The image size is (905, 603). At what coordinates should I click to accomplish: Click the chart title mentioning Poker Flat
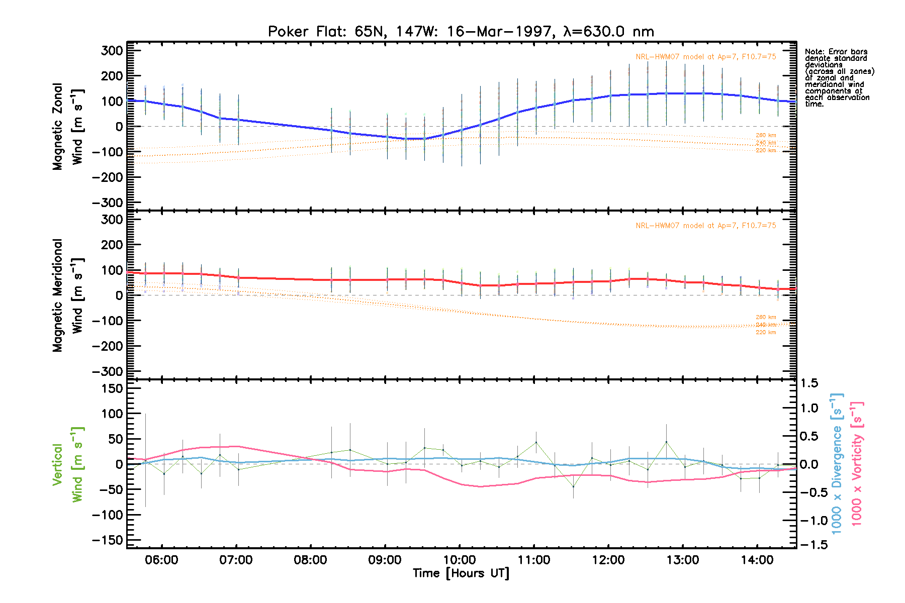tap(461, 32)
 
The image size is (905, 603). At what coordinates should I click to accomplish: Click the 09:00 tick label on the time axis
tap(385, 560)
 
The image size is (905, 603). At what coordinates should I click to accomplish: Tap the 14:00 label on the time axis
tap(757, 560)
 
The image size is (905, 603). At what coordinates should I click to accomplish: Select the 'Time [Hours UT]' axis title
tap(461, 573)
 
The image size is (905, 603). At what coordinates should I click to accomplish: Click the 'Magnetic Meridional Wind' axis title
tap(68, 295)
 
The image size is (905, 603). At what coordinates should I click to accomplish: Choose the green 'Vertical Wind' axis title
tap(68, 464)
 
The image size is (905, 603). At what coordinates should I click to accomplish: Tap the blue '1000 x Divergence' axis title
tap(837, 464)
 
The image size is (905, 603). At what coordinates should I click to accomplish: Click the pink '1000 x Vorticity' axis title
tap(857, 464)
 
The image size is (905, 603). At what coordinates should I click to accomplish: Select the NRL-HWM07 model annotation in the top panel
tap(705, 57)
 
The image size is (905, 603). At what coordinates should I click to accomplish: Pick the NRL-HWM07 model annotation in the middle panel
tap(705, 226)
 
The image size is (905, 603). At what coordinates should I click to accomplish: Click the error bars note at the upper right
tap(839, 77)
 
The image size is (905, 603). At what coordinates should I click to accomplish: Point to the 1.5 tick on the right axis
tap(809, 383)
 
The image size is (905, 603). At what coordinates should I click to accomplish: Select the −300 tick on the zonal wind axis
tap(108, 203)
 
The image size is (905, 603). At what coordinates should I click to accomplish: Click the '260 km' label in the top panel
tap(766, 135)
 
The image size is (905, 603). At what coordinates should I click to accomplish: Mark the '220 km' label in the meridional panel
tap(766, 332)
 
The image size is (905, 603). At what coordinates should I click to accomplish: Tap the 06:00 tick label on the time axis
tap(161, 560)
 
